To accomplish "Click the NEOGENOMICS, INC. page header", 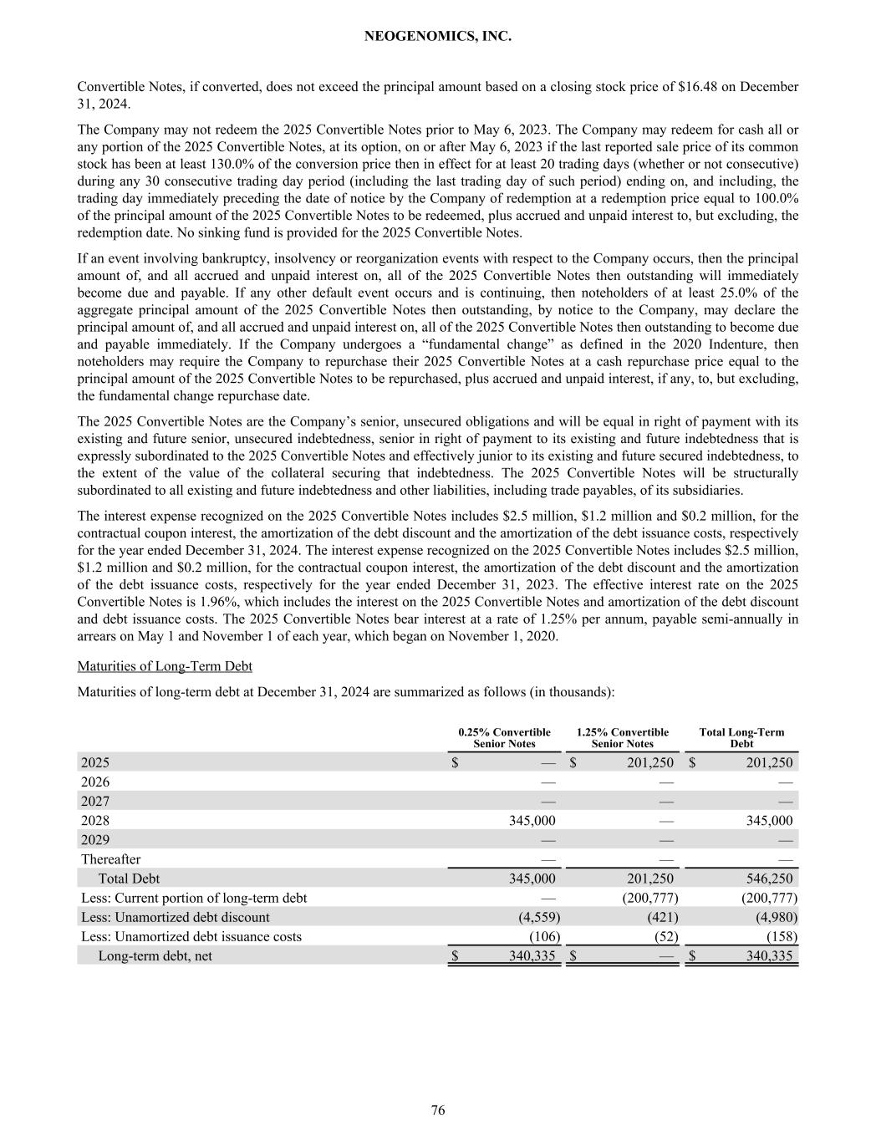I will tap(438, 37).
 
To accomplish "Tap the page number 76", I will tap(438, 1110).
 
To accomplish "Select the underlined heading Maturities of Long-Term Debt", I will tap(165, 666).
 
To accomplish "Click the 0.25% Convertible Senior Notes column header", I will tap(504, 738).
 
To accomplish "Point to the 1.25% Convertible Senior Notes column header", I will tap(622, 738).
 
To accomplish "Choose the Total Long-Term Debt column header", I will tap(741, 738).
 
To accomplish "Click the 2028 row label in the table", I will tap(94, 821).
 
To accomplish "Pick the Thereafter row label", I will tap(110, 859).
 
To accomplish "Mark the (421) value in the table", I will tap(663, 917).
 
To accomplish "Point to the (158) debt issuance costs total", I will tap(782, 936).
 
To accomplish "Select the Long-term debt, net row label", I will tap(155, 955).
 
